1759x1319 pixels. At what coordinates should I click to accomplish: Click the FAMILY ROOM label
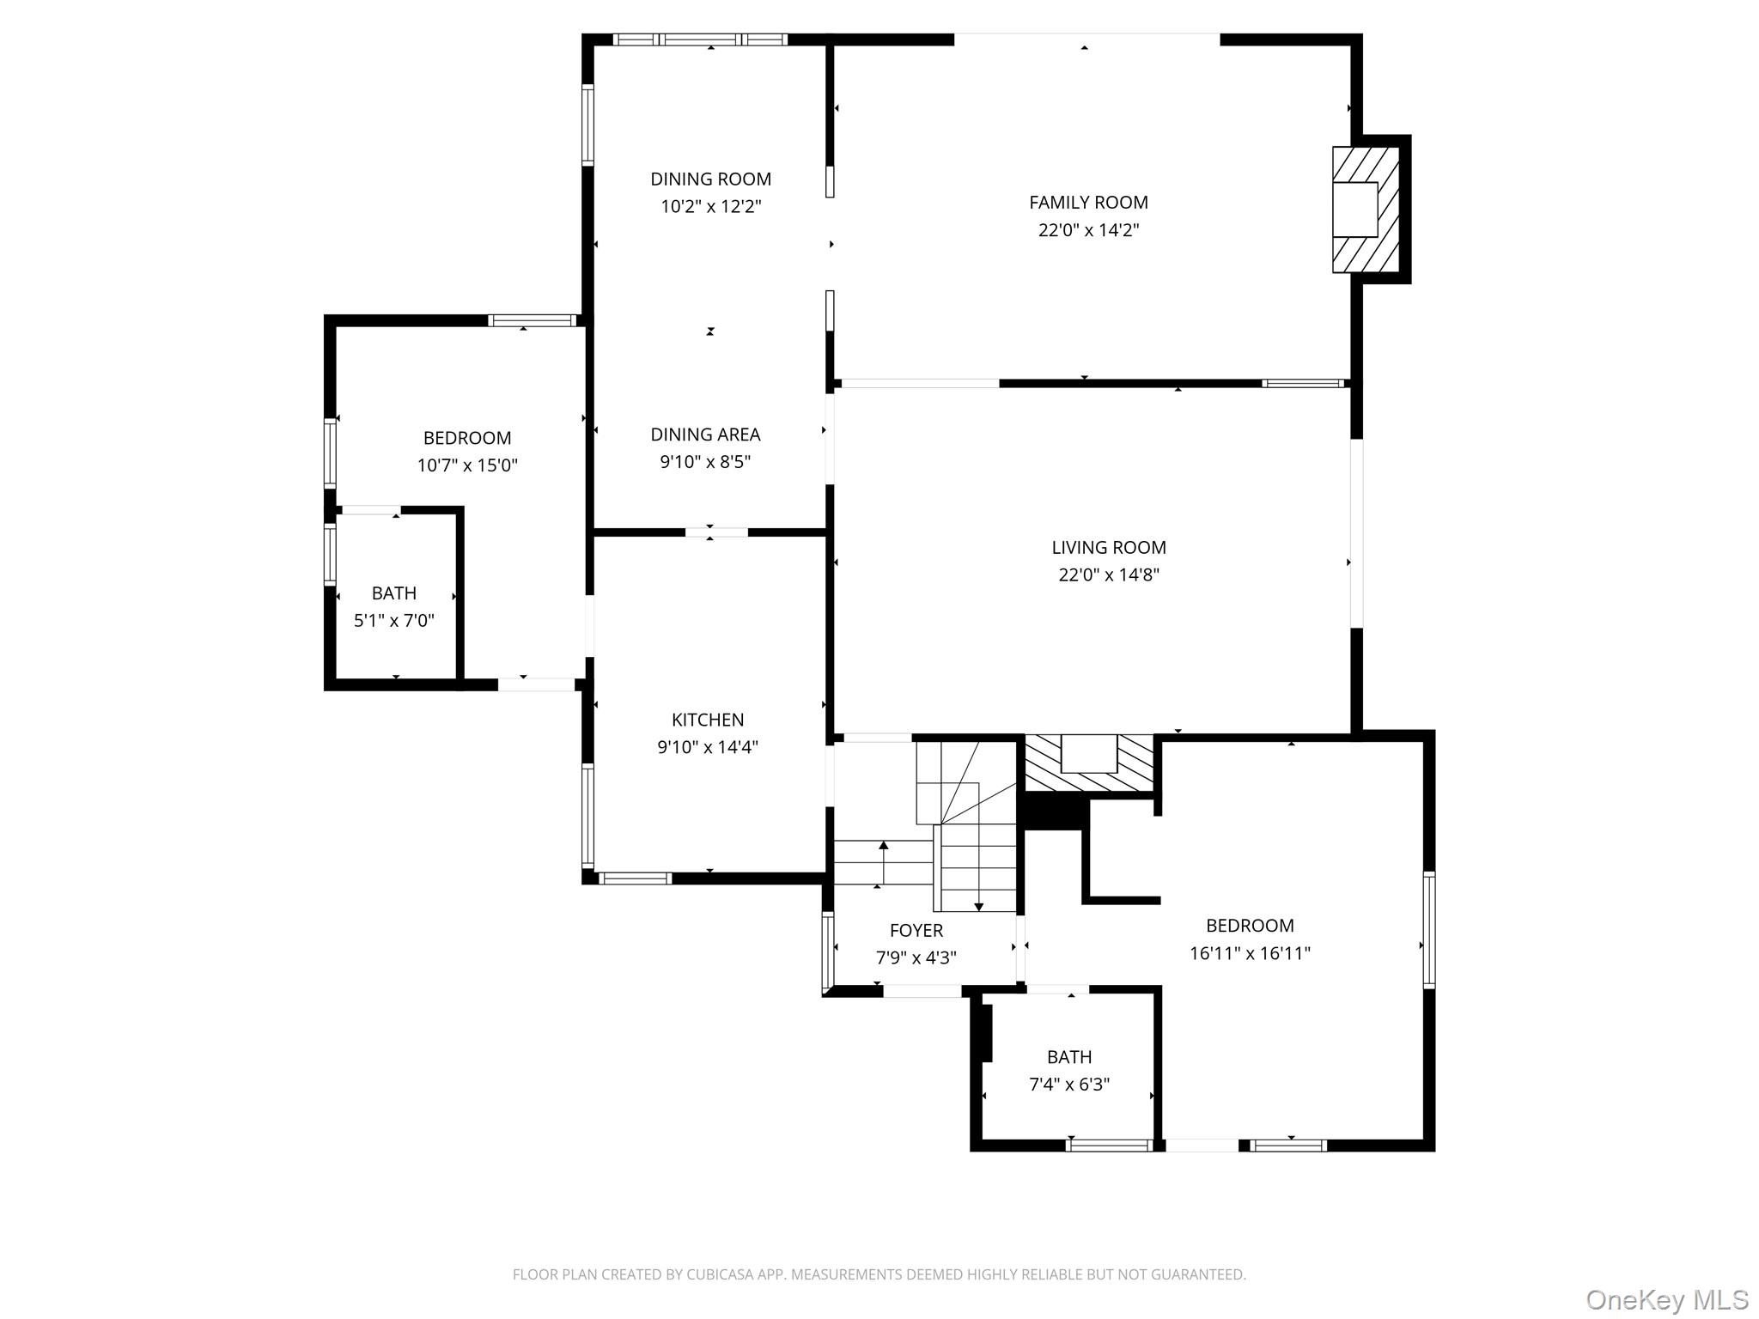(x=1088, y=203)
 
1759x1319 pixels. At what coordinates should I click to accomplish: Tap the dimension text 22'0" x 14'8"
(x=1108, y=575)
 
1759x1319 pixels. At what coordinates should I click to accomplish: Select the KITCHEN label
(x=708, y=720)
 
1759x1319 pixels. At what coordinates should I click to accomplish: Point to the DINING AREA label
(x=705, y=435)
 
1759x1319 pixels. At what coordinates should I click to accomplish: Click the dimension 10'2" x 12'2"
(x=710, y=207)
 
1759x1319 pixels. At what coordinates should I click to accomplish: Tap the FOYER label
(x=916, y=931)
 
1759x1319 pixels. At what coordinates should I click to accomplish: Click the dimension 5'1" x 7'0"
(x=394, y=621)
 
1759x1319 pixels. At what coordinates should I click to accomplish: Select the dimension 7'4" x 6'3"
(x=1069, y=1085)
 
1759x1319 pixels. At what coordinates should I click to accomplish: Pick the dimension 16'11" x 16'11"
(x=1250, y=953)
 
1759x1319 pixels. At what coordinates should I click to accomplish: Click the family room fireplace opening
(x=1354, y=210)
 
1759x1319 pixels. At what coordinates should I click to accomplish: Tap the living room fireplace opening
(x=1088, y=754)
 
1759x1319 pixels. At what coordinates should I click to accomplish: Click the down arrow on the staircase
(x=978, y=906)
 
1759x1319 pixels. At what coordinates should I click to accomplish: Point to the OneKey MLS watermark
(x=1666, y=1299)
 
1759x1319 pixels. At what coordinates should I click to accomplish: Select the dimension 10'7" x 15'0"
(x=467, y=465)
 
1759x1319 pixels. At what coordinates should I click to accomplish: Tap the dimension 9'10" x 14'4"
(x=708, y=747)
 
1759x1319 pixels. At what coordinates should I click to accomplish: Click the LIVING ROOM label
(x=1108, y=548)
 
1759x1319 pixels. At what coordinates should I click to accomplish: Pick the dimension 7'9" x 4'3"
(x=916, y=958)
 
